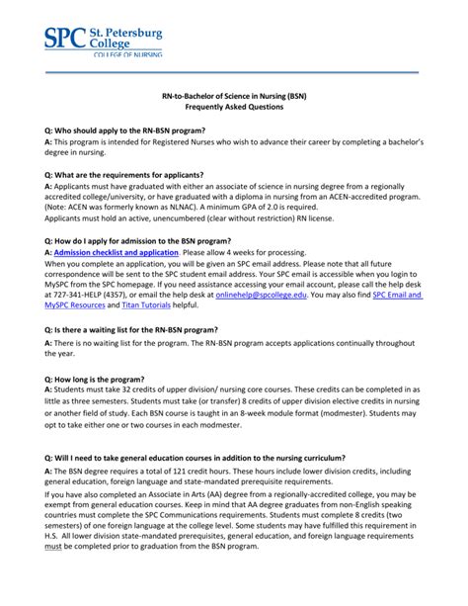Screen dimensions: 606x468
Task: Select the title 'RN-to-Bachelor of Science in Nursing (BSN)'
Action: click(x=233, y=96)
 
